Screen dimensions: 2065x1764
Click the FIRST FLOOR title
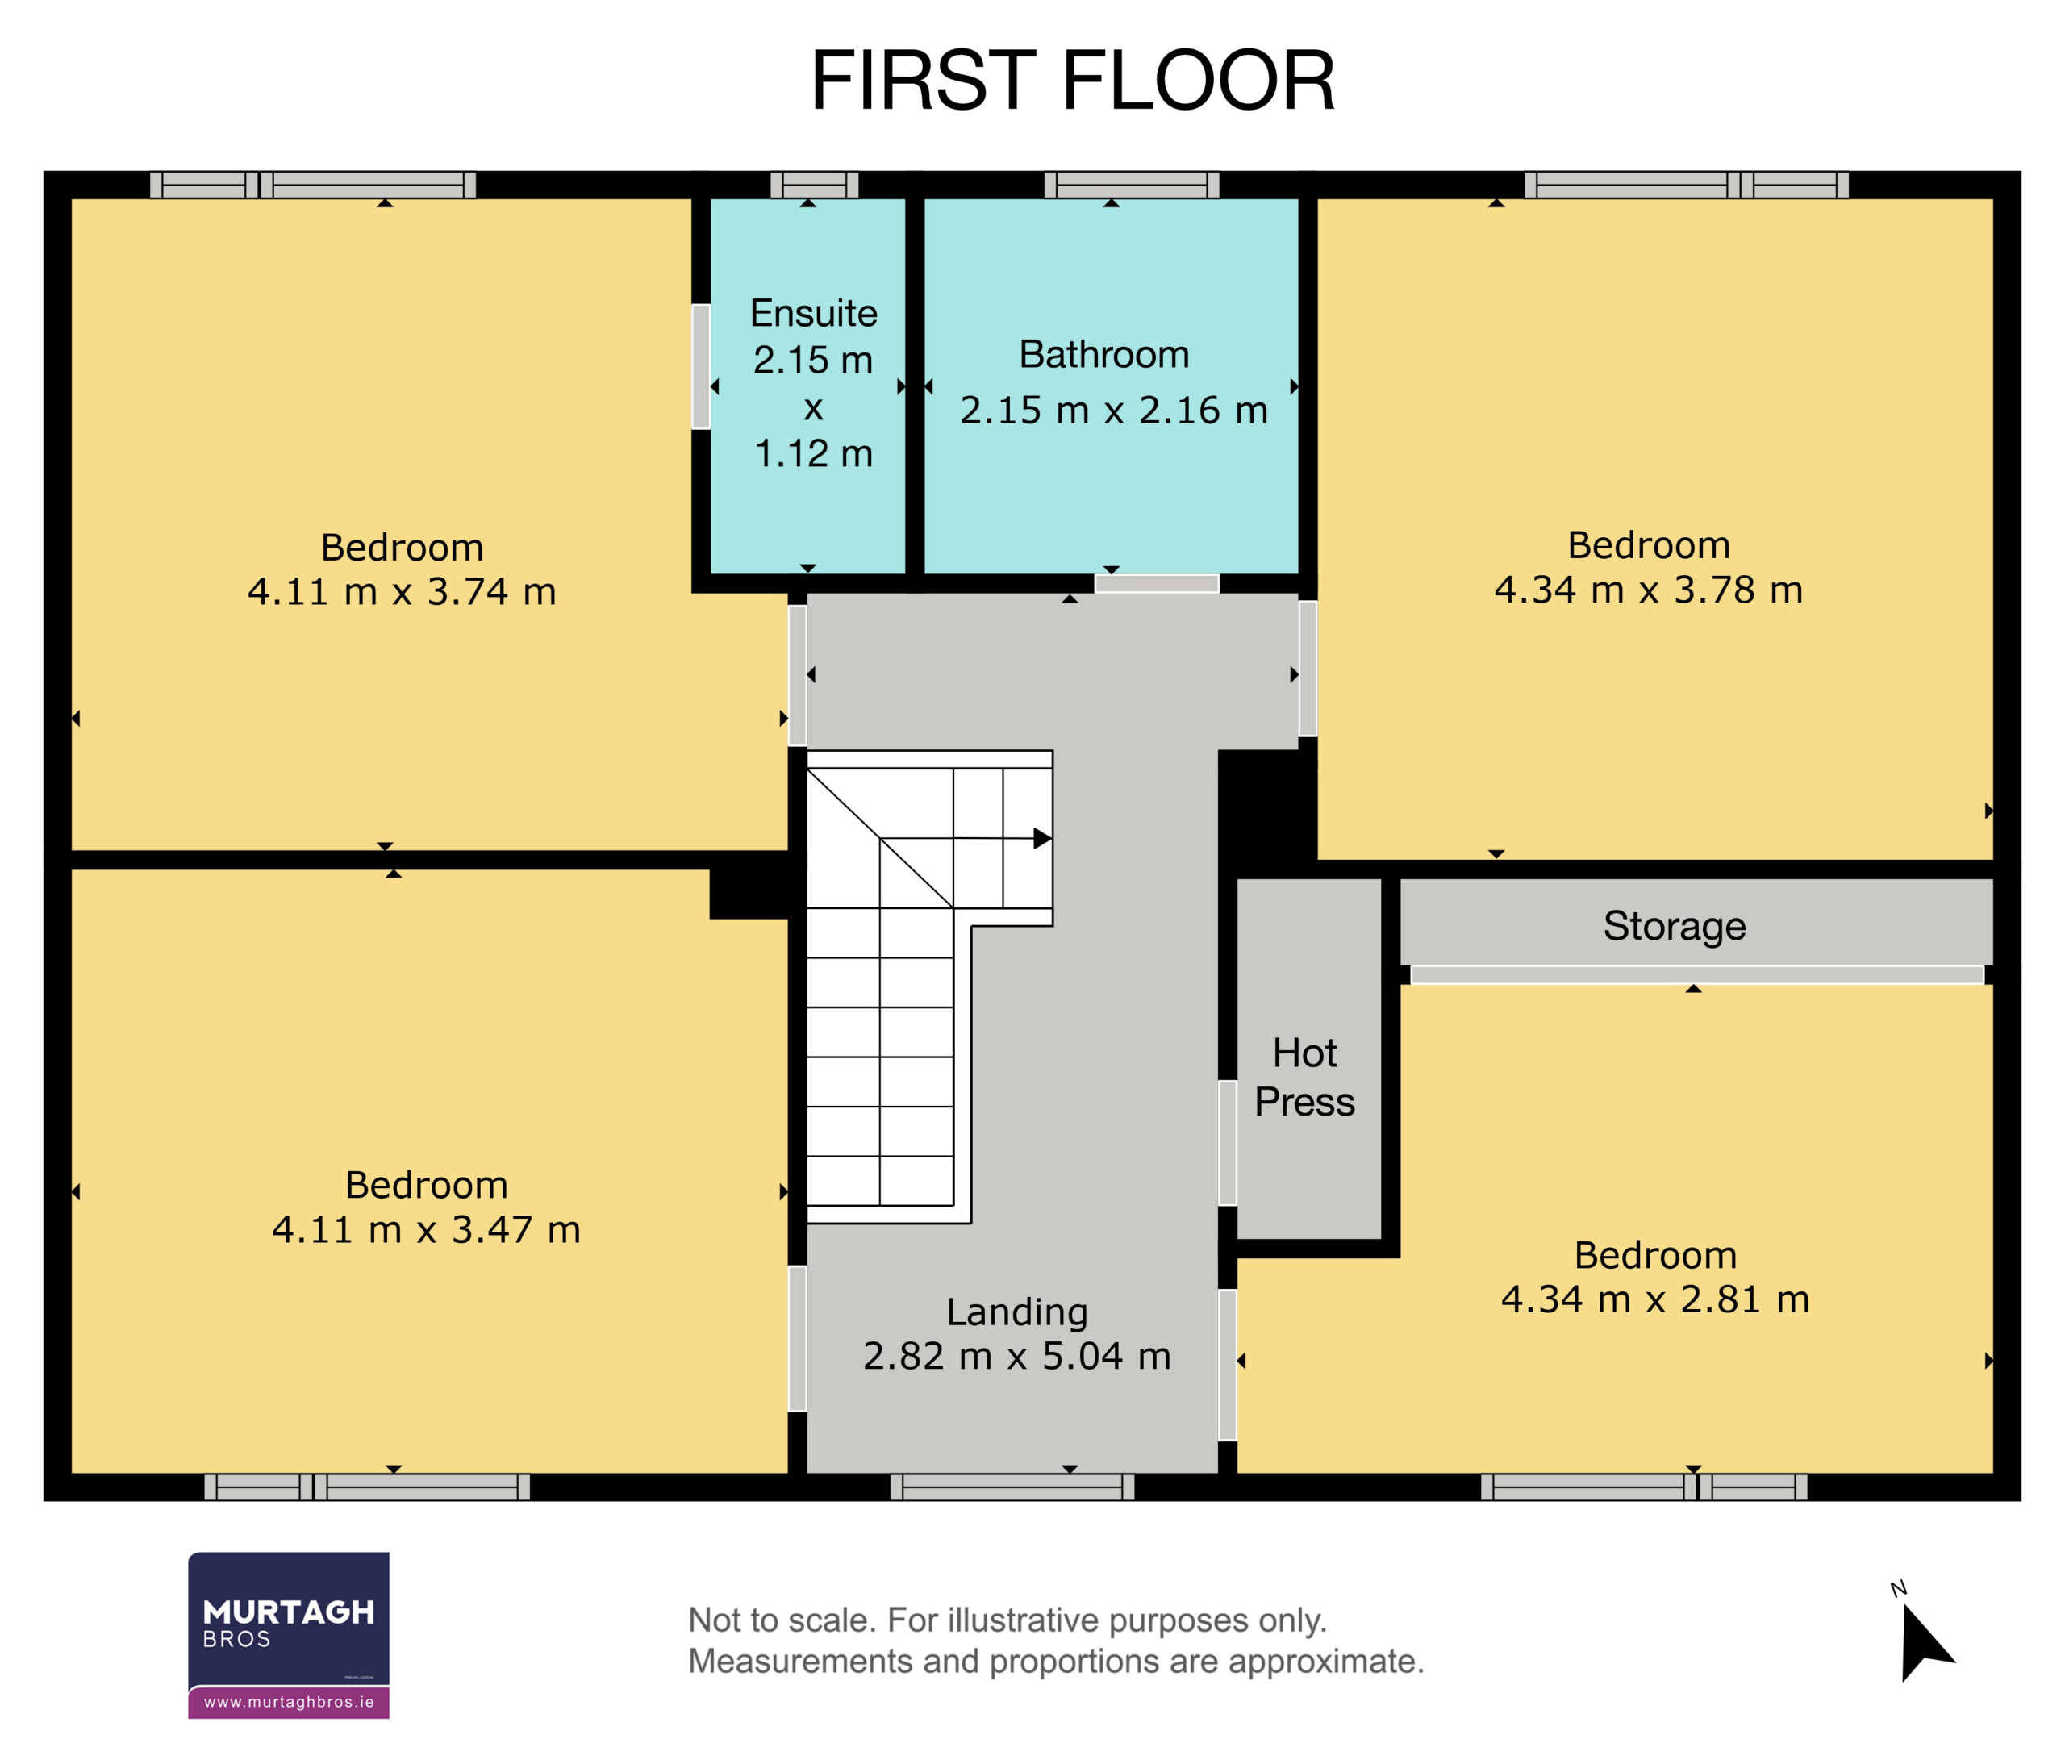tap(1072, 80)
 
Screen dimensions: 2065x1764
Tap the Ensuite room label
tap(813, 313)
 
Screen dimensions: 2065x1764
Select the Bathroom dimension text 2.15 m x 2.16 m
tap(1113, 410)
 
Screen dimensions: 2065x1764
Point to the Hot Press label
tap(1304, 1078)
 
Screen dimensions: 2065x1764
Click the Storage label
tap(1675, 927)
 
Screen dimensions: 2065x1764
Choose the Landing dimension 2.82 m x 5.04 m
tap(1016, 1355)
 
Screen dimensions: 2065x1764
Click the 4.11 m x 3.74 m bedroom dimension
tap(402, 591)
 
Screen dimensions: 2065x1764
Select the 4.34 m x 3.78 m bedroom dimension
tap(1649, 589)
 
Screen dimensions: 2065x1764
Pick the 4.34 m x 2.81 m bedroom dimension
tap(1655, 1299)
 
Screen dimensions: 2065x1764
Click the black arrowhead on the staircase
tap(1042, 838)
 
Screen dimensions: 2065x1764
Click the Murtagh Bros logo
tap(289, 1634)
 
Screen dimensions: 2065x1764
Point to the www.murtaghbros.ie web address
tap(289, 1701)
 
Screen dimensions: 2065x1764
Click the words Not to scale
tap(782, 1620)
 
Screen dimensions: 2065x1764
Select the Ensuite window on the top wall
tap(814, 185)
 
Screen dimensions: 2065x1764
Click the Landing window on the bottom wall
tap(1012, 1487)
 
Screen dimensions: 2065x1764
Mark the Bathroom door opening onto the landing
tap(1157, 584)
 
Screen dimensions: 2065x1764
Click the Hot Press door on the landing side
tap(1228, 1143)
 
